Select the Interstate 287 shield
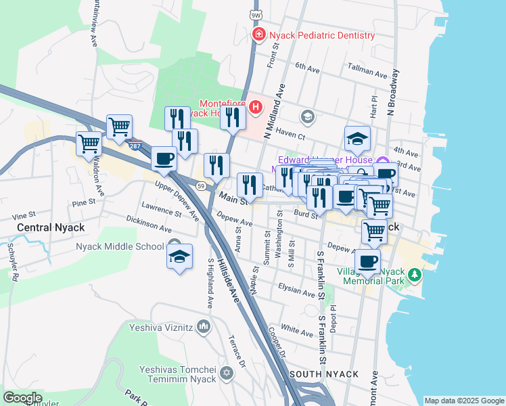click(x=136, y=146)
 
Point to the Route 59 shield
click(x=201, y=185)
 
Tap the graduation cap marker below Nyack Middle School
click(x=179, y=257)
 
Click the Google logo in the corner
click(x=22, y=397)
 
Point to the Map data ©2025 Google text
click(x=463, y=401)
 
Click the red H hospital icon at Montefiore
click(x=255, y=107)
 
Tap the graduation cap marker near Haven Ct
click(x=357, y=139)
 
